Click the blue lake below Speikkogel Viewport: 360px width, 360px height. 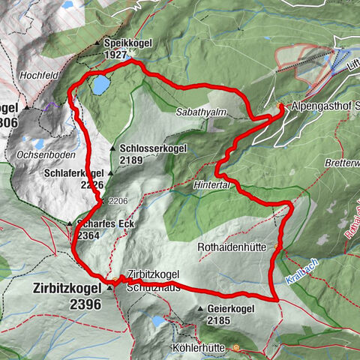click(99, 85)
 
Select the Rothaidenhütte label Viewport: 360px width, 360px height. click(235, 244)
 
